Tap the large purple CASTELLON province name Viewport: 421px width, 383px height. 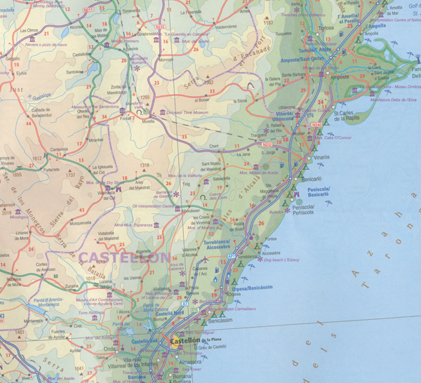(x=125, y=257)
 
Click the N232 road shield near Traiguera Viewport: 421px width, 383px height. (x=267, y=145)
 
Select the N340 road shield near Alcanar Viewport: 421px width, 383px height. (x=316, y=124)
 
